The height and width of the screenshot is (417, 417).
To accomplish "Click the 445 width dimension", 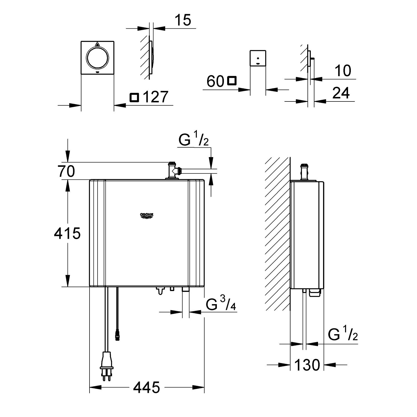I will [x=147, y=387].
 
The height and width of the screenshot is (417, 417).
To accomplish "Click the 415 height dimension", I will [x=67, y=233].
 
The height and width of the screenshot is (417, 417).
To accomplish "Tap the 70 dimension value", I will [x=66, y=171].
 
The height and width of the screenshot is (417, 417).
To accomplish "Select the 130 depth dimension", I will [x=307, y=365].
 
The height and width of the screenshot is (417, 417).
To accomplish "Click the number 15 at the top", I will [x=183, y=20].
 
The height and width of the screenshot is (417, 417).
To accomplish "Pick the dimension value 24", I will [x=341, y=93].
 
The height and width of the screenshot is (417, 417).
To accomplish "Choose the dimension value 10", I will [x=343, y=71].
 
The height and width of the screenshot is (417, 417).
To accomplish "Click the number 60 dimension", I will [x=215, y=81].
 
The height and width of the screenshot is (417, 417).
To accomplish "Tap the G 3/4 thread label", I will [x=221, y=305].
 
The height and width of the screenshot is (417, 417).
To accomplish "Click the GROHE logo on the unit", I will [x=147, y=216].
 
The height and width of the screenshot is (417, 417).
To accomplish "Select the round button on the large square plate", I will [x=97, y=57].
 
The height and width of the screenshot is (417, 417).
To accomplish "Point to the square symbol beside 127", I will [x=135, y=98].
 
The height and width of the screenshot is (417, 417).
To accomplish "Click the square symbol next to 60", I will [x=232, y=81].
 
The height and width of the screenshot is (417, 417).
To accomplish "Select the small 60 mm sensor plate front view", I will [x=258, y=58].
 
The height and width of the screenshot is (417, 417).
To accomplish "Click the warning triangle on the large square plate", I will [x=97, y=44].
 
